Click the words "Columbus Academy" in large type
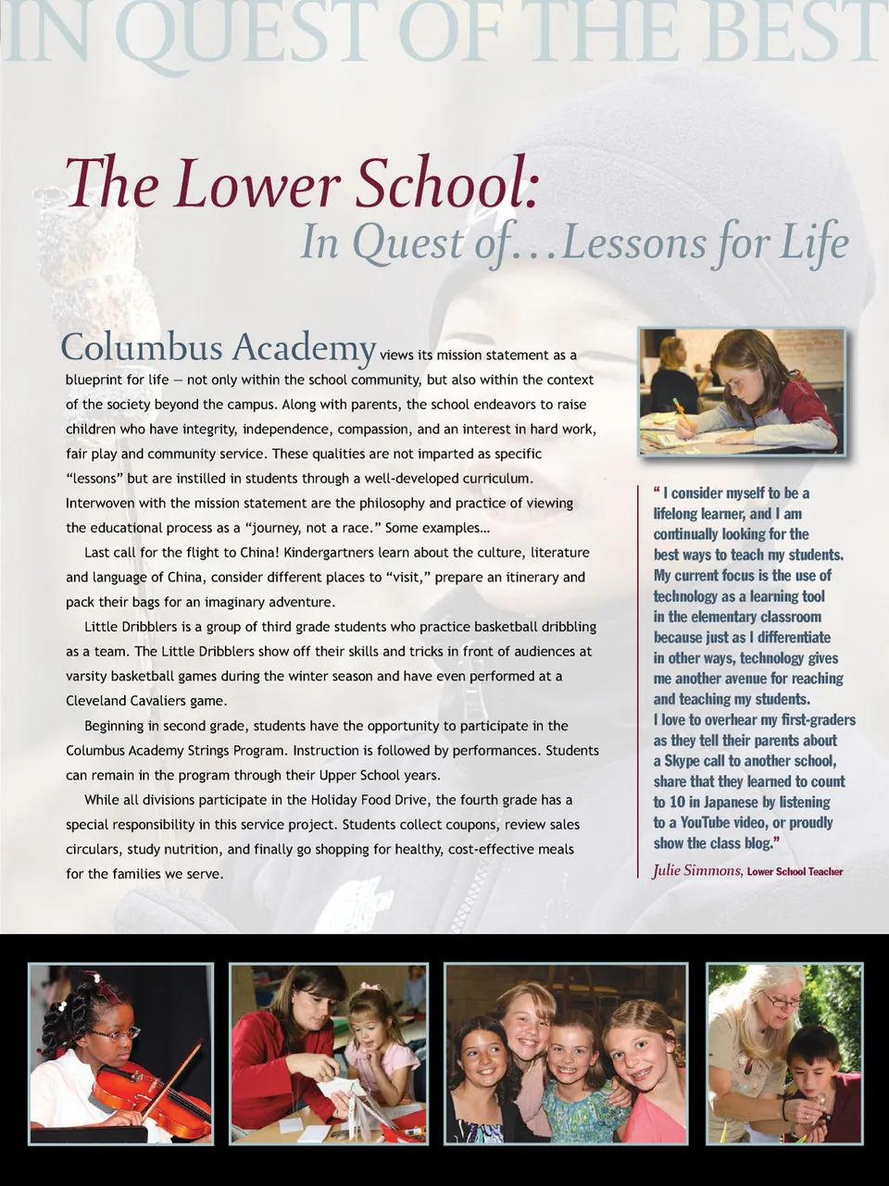click(x=218, y=348)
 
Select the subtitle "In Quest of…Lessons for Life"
click(x=574, y=243)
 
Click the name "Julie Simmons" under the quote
click(x=696, y=870)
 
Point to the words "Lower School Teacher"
click(x=795, y=871)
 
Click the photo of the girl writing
click(x=741, y=392)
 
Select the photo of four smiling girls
click(x=566, y=1054)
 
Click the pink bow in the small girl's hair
click(x=371, y=988)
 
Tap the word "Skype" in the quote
click(x=683, y=761)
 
